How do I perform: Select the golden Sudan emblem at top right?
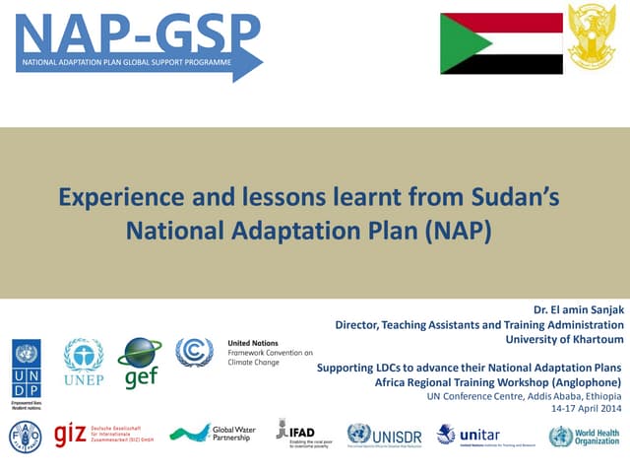(x=596, y=40)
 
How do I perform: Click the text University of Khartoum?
(x=564, y=339)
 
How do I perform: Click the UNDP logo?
(x=27, y=366)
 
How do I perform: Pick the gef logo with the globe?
(x=140, y=363)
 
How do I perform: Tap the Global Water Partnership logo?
(x=213, y=434)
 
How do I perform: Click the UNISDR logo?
(x=385, y=435)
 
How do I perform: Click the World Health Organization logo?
(x=585, y=436)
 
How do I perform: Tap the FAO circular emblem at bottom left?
(x=24, y=436)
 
